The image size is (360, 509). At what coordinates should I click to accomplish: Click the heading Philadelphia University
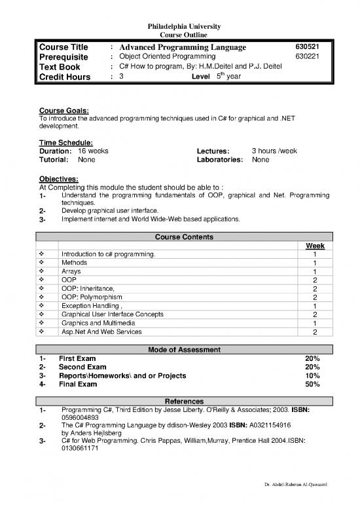[180, 26]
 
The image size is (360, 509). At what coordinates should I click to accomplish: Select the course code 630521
[306, 47]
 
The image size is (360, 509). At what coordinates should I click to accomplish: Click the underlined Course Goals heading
[64, 111]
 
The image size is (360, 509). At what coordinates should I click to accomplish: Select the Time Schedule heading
[66, 141]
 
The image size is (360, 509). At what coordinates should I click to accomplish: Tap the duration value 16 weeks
[93, 151]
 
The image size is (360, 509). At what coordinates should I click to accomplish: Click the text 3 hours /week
[274, 151]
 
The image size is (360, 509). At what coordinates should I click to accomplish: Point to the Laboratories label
[219, 159]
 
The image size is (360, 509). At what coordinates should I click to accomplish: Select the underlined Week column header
[315, 246]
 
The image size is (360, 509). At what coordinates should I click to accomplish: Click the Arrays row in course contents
[71, 271]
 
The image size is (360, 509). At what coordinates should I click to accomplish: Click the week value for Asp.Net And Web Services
[315, 332]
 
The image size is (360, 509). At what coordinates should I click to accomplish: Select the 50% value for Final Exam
[312, 385]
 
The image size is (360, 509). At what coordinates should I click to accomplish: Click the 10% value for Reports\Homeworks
[312, 376]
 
